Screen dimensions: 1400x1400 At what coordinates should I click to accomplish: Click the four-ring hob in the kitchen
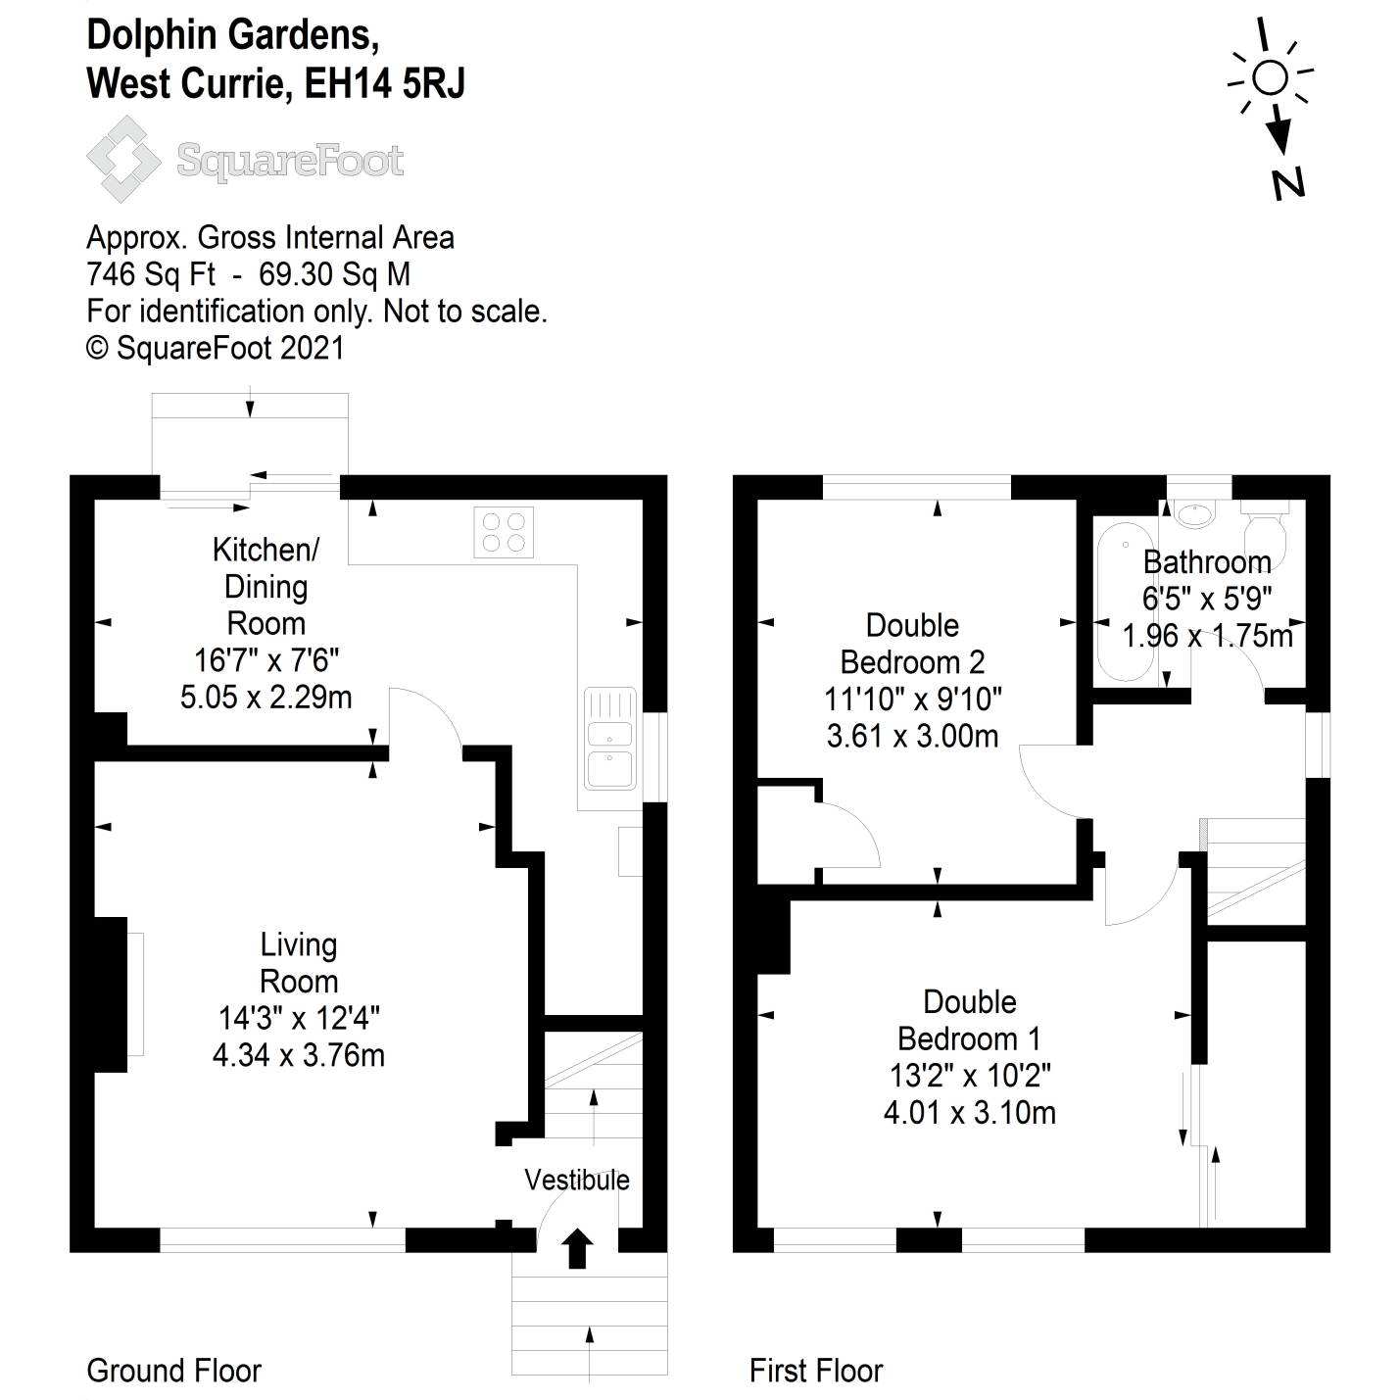(504, 532)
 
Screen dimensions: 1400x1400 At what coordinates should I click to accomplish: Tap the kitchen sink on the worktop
(610, 739)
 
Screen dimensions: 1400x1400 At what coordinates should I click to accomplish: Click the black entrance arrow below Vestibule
(577, 1248)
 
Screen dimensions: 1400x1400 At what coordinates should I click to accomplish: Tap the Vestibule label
(576, 1180)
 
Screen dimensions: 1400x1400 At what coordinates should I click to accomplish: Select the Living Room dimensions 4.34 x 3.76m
(298, 1055)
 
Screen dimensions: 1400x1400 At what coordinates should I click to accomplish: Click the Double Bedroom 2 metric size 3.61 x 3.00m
(912, 736)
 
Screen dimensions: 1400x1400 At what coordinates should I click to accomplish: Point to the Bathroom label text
(1207, 562)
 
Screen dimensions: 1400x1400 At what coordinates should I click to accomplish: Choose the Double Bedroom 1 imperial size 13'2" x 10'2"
(969, 1076)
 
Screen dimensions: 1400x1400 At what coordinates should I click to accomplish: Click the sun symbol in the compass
(1270, 76)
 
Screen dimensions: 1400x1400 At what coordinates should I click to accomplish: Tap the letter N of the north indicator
(1288, 182)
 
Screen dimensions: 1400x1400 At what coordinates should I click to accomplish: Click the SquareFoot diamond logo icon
(123, 159)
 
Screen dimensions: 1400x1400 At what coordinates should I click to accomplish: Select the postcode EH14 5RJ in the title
(385, 84)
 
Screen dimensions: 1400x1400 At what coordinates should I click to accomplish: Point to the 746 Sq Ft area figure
(151, 274)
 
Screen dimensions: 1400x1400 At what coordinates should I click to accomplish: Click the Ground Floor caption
(173, 1370)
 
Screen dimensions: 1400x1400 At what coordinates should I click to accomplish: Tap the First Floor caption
(815, 1370)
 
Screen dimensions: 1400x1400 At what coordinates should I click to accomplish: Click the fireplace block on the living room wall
(111, 993)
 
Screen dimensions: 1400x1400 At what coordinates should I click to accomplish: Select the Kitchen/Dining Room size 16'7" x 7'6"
(266, 659)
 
